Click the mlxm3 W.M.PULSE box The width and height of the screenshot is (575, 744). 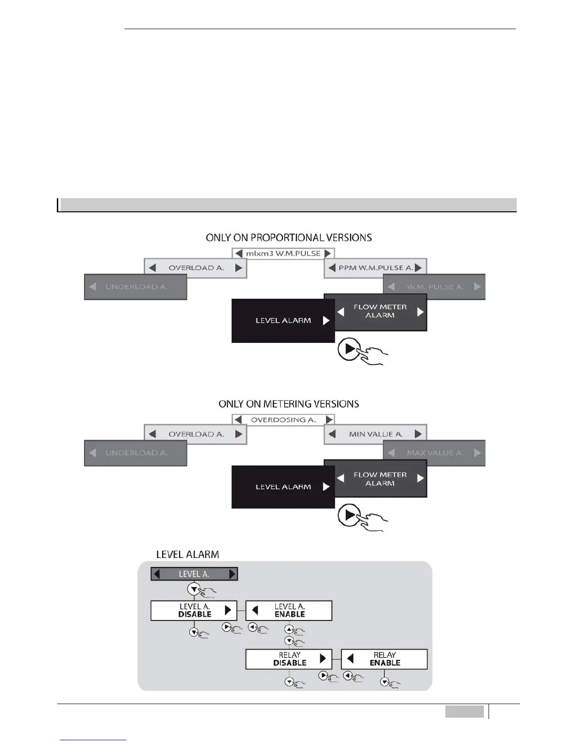tap(283, 253)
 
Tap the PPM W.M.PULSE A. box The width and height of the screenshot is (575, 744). tap(375, 268)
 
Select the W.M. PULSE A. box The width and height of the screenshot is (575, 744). tap(434, 287)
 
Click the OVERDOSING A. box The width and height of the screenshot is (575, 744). tap(283, 419)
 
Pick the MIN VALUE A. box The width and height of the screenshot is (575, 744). tap(375, 434)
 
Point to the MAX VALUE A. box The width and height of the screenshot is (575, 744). tap(434, 453)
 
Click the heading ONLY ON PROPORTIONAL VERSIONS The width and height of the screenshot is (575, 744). tap(288, 238)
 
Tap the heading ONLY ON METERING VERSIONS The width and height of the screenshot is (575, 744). tap(288, 404)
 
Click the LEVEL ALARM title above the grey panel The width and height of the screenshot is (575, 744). tap(187, 554)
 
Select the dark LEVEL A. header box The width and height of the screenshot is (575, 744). tap(194, 574)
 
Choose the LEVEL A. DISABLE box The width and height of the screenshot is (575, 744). tap(194, 610)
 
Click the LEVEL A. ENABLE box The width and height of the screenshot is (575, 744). tap(289, 610)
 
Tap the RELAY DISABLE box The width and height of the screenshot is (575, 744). tap(289, 659)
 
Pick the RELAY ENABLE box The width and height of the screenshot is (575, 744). tap(384, 659)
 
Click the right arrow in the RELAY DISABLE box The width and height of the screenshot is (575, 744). tap(323, 659)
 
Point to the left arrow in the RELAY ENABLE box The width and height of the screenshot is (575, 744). tap(350, 659)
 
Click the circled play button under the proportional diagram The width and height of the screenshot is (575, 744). tap(349, 349)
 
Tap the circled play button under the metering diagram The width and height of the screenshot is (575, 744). tap(349, 515)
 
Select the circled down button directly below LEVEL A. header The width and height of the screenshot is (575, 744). tap(194, 589)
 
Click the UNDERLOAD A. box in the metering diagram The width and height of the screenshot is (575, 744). tap(136, 453)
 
